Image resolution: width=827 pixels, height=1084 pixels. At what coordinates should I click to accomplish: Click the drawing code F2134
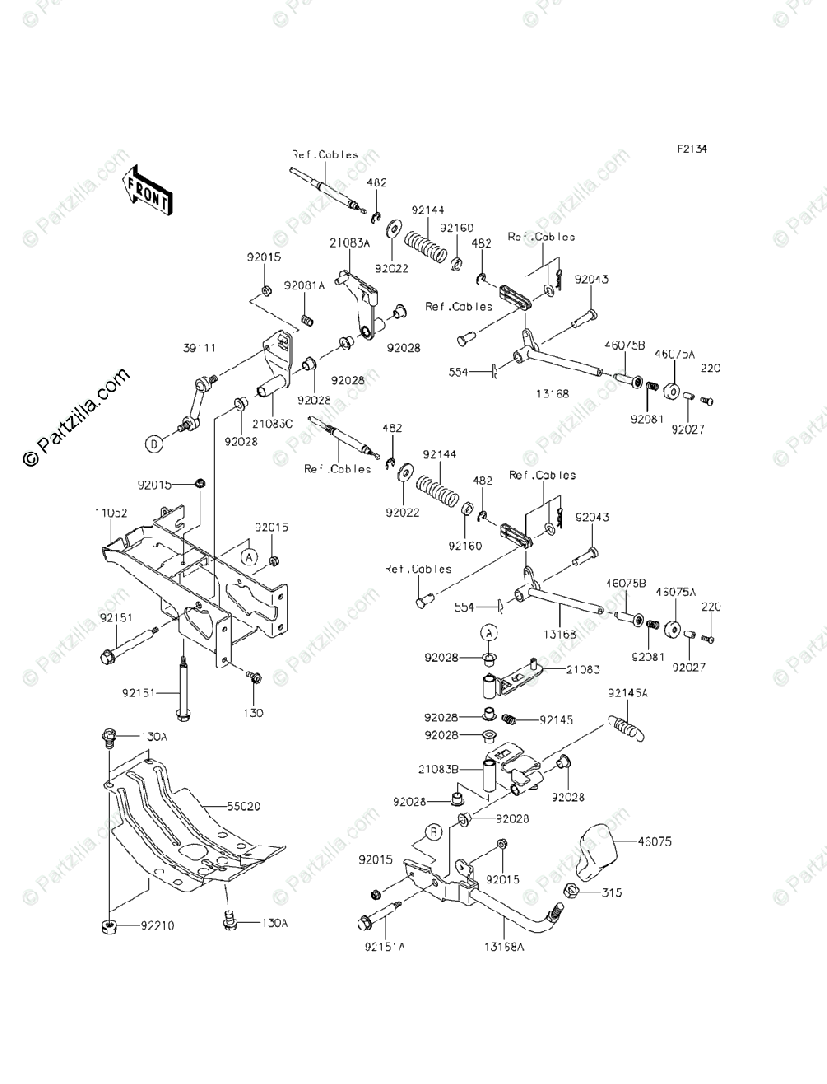(693, 150)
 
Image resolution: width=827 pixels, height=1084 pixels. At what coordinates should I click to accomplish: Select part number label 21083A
(348, 244)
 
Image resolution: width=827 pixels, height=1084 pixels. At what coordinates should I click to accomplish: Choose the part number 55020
(219, 803)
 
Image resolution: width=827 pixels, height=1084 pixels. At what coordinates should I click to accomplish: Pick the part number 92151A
(384, 947)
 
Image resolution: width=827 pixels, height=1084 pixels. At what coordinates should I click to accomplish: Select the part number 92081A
(304, 285)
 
